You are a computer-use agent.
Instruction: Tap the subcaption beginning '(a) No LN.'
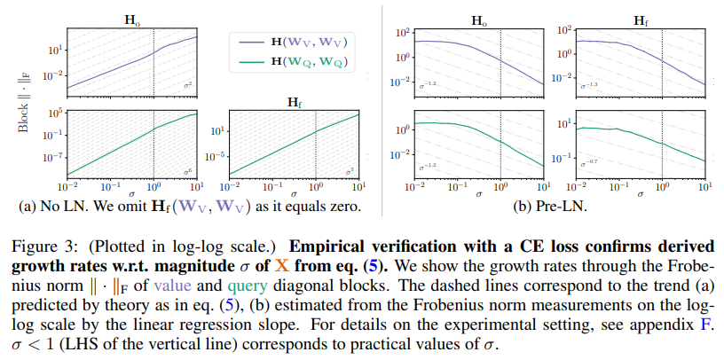pyautogui.click(x=184, y=207)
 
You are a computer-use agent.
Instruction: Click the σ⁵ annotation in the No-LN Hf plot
pyautogui.click(x=350, y=169)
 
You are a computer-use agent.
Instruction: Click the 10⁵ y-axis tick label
pyautogui.click(x=52, y=113)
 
